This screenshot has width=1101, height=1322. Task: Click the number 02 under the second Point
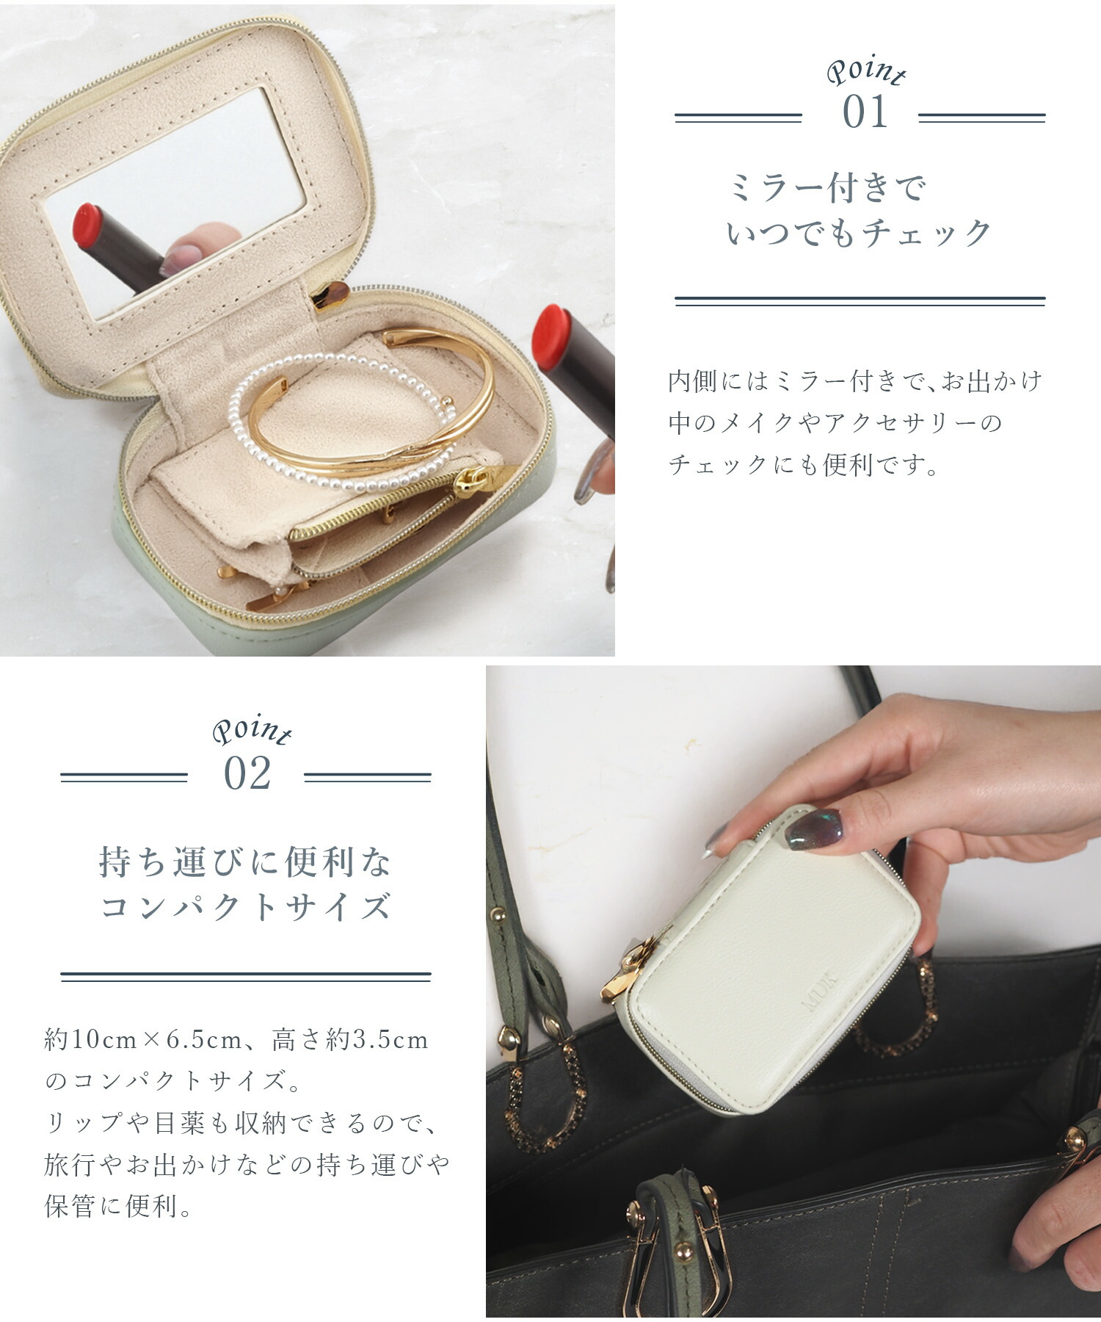tap(247, 773)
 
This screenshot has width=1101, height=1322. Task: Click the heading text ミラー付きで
tap(827, 189)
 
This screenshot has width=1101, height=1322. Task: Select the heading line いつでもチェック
tap(859, 234)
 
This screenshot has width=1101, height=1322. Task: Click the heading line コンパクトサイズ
tap(245, 907)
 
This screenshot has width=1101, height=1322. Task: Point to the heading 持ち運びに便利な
tap(245, 862)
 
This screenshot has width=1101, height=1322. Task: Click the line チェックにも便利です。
tap(803, 464)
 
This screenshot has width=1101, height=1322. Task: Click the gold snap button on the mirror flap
tap(329, 295)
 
